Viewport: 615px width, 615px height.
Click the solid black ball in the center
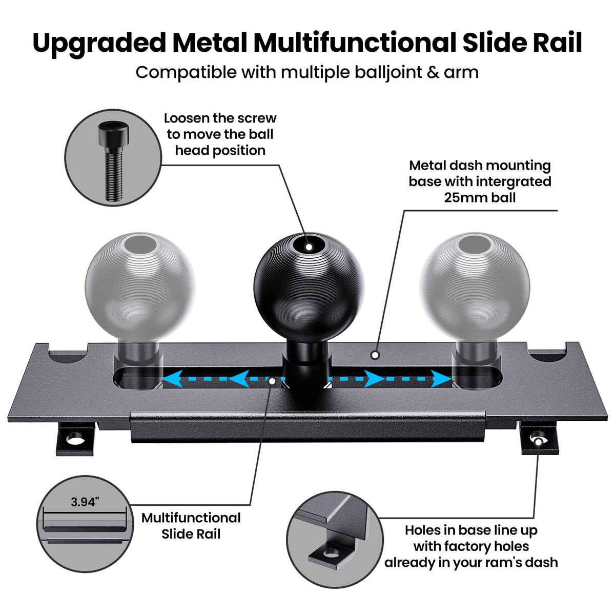point(309,287)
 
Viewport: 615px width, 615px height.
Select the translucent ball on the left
point(140,287)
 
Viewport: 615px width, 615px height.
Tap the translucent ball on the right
point(475,287)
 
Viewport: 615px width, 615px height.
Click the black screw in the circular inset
point(113,161)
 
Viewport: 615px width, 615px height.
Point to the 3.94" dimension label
point(85,502)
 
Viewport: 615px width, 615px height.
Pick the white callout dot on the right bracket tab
point(539,442)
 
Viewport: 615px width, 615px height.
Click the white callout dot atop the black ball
point(309,247)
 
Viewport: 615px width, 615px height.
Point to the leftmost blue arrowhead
point(172,379)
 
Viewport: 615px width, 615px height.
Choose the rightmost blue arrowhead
point(442,379)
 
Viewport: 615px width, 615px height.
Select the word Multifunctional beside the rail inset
point(191,518)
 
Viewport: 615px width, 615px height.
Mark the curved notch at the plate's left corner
point(68,356)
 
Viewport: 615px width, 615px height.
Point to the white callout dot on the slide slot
point(272,381)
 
